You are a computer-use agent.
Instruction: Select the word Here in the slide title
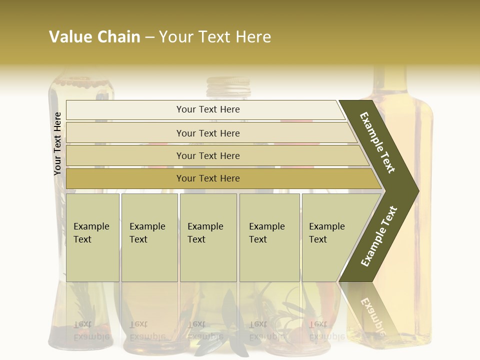(253, 37)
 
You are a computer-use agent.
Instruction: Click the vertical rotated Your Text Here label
(57, 144)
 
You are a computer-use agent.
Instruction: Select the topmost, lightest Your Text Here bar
(205, 109)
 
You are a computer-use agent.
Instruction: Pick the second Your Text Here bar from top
(210, 133)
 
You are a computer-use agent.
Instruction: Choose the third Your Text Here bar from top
(215, 155)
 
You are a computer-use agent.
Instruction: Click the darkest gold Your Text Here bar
(220, 178)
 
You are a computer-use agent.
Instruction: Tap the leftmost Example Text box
(92, 237)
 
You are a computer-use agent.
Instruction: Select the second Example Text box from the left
(149, 237)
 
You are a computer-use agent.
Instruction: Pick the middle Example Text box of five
(208, 237)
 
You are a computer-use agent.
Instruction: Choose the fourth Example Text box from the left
(269, 237)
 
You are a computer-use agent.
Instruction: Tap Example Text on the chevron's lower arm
(379, 236)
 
